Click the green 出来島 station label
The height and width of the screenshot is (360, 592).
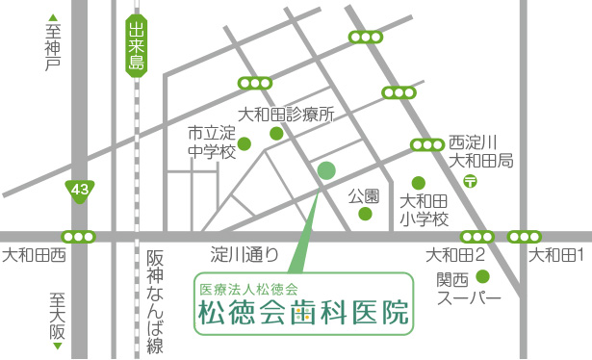[136, 48]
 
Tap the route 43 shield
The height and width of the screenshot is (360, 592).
[79, 191]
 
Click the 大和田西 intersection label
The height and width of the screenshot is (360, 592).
[34, 256]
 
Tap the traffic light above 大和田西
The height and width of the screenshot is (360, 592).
[78, 236]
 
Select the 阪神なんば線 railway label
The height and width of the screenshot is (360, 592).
[155, 302]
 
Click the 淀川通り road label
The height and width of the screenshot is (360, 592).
[245, 256]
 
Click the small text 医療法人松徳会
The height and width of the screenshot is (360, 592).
[248, 289]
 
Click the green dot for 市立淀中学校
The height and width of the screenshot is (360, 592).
[245, 145]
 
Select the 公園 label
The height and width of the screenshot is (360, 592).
[365, 195]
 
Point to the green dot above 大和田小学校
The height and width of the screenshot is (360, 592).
[418, 182]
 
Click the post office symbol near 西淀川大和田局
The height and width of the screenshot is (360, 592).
[471, 180]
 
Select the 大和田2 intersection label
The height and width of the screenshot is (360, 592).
[455, 255]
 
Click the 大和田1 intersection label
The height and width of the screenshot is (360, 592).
[558, 255]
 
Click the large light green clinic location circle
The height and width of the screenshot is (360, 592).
[326, 170]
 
